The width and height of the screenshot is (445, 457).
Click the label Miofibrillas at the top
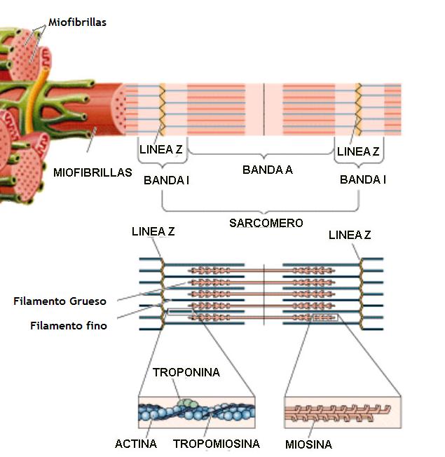77,22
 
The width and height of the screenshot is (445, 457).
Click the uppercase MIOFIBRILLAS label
92,172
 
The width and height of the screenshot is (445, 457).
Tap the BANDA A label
267,170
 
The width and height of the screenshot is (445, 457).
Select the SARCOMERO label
266,223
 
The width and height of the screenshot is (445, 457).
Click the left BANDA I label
166,180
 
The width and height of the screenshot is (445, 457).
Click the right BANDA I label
362,180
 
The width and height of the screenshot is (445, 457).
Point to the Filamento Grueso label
60,301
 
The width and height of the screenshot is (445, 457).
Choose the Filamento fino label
69,325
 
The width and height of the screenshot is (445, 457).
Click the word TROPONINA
186,372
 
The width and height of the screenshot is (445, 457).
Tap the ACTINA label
136,444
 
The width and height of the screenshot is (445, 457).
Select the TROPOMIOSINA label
216,444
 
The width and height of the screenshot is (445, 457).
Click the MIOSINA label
308,444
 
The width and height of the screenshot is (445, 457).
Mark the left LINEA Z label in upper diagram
161,150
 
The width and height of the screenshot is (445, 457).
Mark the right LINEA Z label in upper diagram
358,151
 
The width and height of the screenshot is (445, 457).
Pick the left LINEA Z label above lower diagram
153,231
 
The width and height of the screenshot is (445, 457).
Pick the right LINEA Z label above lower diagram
349,236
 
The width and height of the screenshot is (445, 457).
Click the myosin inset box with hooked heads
341,413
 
